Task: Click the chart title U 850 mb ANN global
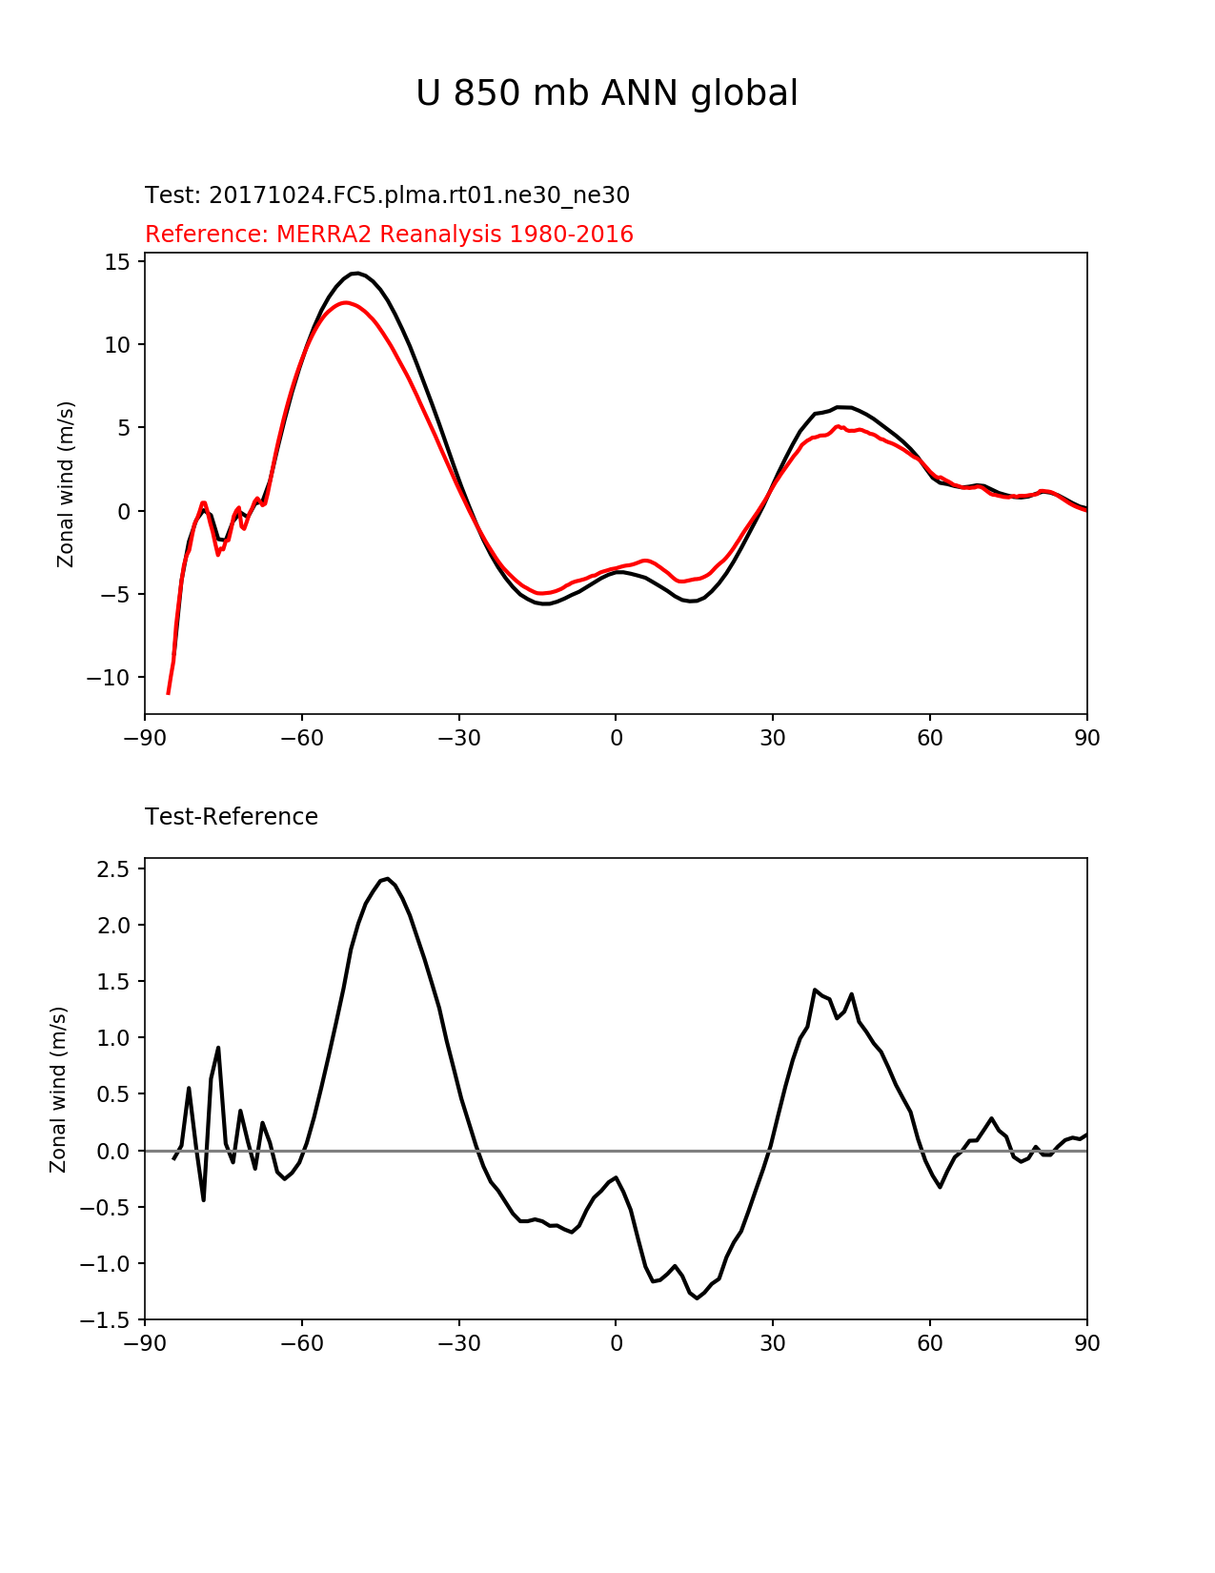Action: coord(606,93)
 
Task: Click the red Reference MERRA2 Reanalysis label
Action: coord(389,235)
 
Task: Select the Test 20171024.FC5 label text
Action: coord(387,195)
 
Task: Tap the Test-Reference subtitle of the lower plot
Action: coord(232,817)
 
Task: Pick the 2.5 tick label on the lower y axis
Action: coord(114,868)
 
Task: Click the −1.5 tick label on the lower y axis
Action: coord(107,1320)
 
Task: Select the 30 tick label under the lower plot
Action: coord(772,1344)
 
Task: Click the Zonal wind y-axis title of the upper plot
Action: coord(66,484)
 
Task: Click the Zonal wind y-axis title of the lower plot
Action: coord(59,1090)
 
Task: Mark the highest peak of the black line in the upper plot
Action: coord(355,274)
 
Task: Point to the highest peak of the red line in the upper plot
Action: coord(344,303)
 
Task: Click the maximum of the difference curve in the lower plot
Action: coord(388,879)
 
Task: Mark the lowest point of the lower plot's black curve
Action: coord(698,1298)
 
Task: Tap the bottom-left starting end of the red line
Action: coord(169,693)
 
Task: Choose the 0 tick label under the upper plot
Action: coord(616,738)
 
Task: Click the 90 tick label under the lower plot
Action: coord(1086,1344)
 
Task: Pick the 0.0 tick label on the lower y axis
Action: coord(114,1151)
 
